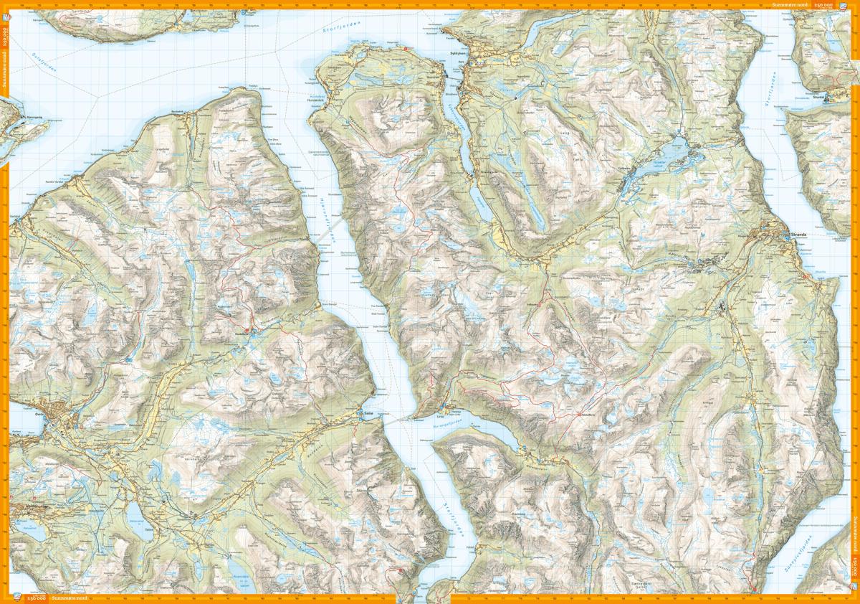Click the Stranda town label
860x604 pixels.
(x=800, y=234)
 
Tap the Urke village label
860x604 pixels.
(x=440, y=417)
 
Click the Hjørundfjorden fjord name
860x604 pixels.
(x=330, y=233)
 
